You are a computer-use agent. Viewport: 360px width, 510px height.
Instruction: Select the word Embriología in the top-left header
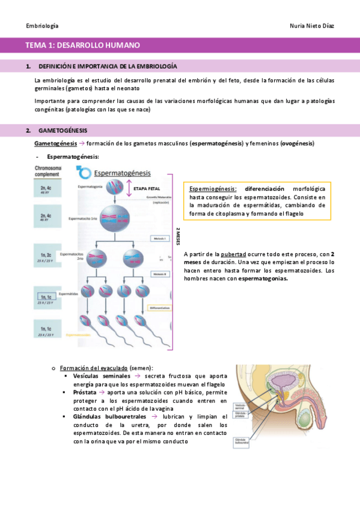[43, 26]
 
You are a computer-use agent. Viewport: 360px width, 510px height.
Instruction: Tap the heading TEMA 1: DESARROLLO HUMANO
[82, 45]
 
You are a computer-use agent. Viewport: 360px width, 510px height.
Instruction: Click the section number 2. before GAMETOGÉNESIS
[28, 131]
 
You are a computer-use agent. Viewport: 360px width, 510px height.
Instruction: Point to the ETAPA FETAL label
[147, 188]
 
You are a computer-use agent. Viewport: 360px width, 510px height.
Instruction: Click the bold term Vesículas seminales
[100, 375]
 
